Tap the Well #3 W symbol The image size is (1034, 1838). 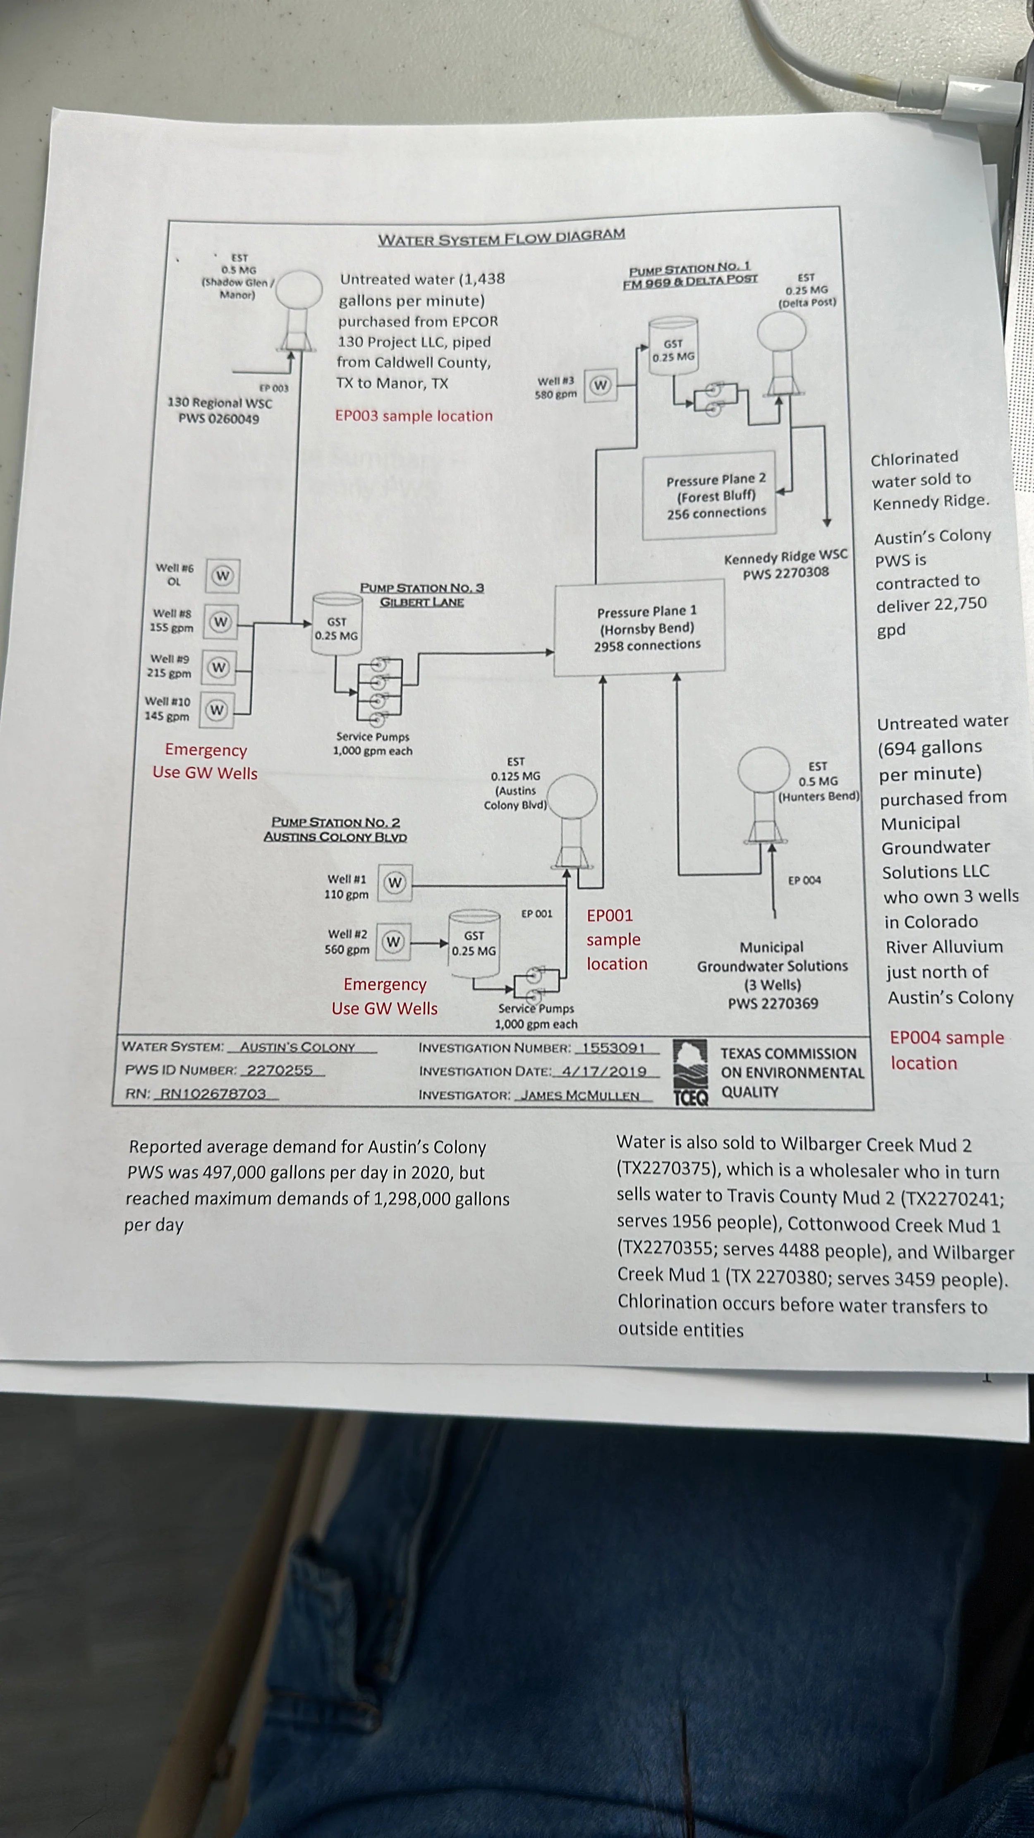(600, 385)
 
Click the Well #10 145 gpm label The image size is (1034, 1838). (168, 708)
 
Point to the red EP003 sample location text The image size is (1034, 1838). (414, 416)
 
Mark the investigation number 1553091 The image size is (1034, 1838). (613, 1048)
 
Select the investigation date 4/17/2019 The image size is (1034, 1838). (604, 1071)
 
